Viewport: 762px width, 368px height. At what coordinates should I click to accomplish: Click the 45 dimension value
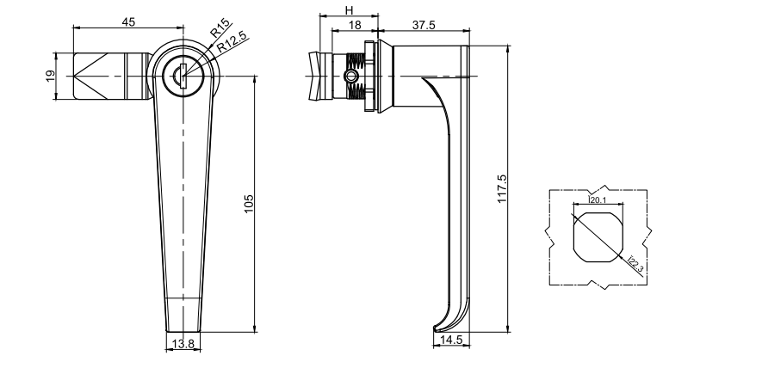(127, 22)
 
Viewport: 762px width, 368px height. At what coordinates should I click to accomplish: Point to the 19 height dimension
(49, 77)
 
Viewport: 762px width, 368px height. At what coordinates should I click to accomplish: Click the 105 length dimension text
(247, 204)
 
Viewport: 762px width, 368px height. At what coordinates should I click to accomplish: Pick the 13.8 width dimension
(183, 344)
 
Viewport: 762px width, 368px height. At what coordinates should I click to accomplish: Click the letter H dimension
(349, 9)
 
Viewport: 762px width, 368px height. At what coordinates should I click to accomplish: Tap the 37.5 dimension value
(423, 25)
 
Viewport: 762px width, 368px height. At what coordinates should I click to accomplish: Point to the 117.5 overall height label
(503, 188)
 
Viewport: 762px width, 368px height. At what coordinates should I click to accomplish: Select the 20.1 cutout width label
(597, 200)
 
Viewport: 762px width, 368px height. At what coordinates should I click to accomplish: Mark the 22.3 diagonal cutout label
(635, 264)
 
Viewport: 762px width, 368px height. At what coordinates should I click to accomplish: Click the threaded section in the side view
(354, 76)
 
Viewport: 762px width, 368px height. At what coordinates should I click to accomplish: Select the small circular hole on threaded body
(349, 76)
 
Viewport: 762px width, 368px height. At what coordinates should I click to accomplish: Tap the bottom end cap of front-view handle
(183, 314)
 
